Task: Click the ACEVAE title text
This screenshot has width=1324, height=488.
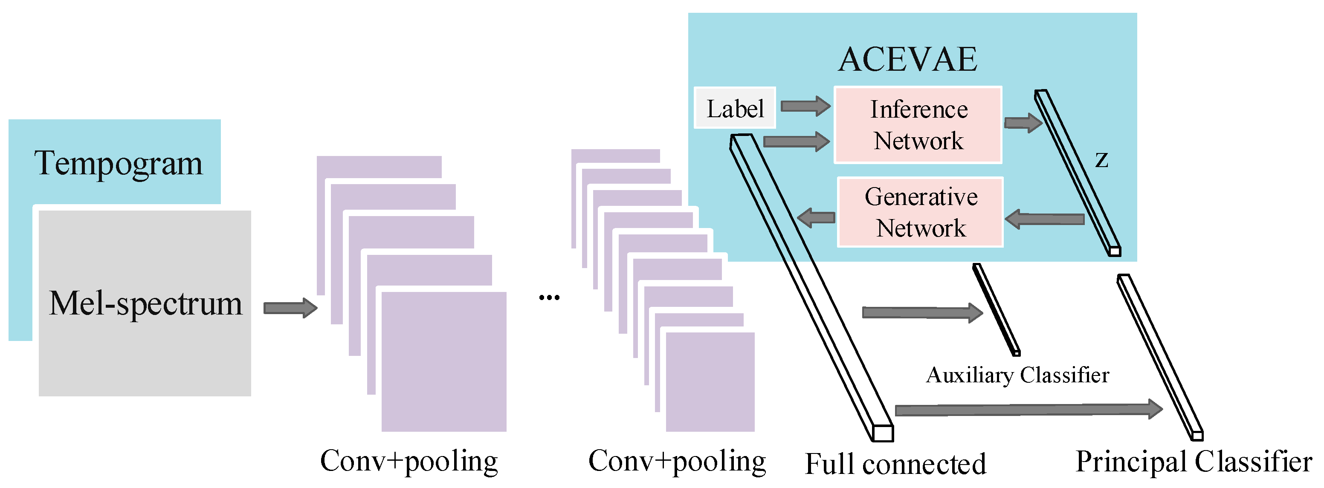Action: [908, 60]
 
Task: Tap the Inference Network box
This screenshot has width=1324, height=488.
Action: [918, 125]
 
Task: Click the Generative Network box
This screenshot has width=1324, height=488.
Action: [920, 212]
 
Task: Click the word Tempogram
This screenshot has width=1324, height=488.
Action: [118, 163]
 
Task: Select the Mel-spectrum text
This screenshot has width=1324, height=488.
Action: [145, 303]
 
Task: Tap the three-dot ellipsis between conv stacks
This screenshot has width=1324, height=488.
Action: [549, 297]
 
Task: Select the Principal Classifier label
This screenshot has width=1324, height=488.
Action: [1194, 461]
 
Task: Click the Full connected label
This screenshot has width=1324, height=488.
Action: [895, 464]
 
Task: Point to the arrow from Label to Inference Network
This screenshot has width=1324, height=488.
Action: [805, 106]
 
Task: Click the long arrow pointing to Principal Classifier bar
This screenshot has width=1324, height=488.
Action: [1028, 410]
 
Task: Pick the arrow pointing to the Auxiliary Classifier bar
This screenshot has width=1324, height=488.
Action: [922, 312]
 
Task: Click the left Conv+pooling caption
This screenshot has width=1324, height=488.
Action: [408, 461]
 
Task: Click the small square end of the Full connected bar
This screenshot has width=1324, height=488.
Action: [883, 433]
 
